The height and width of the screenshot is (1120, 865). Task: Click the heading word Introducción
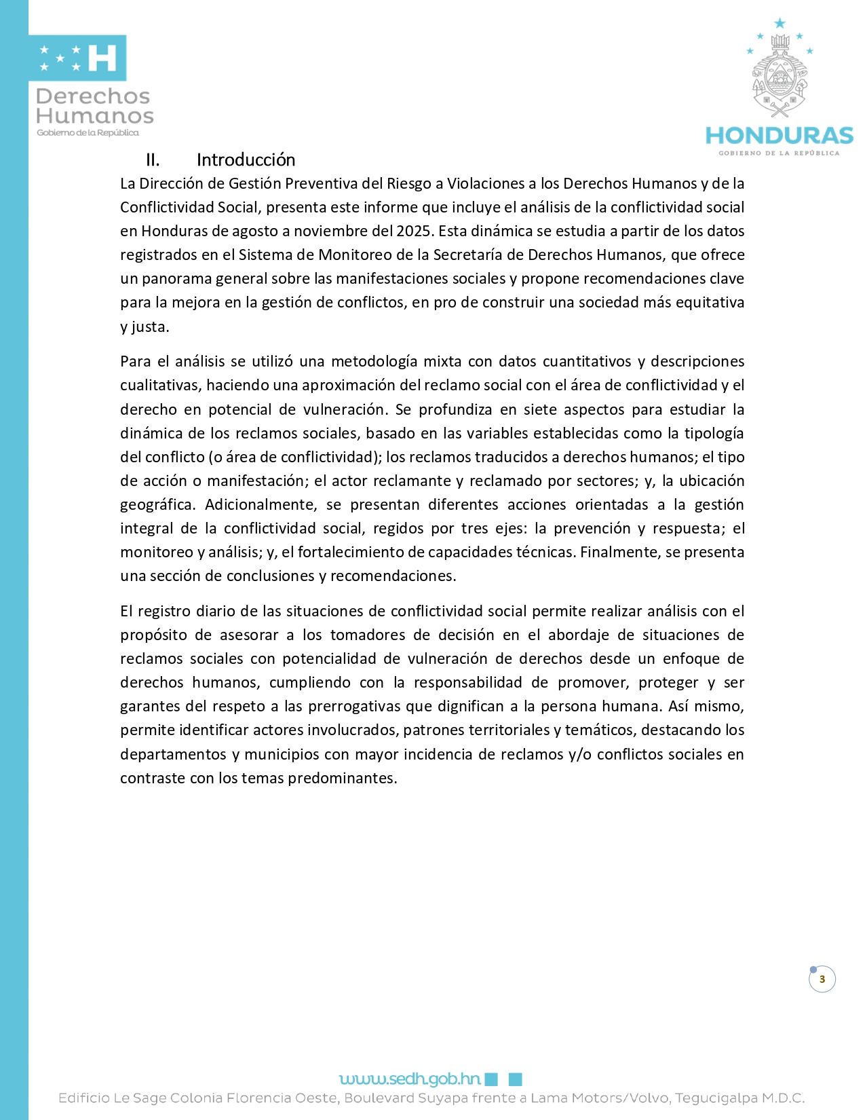(246, 160)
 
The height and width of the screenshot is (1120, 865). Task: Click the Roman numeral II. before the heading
(153, 160)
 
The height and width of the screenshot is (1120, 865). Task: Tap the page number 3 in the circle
(822, 979)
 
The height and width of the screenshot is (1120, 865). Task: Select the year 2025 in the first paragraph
(414, 231)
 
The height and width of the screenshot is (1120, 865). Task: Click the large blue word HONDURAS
(779, 135)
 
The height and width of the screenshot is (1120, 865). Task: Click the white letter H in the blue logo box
(102, 58)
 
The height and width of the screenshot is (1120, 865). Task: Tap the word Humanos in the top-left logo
(95, 116)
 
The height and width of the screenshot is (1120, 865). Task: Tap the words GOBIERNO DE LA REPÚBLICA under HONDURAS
(779, 153)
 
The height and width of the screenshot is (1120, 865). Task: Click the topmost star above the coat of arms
(780, 24)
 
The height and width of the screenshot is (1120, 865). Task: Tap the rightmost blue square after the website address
(515, 1079)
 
